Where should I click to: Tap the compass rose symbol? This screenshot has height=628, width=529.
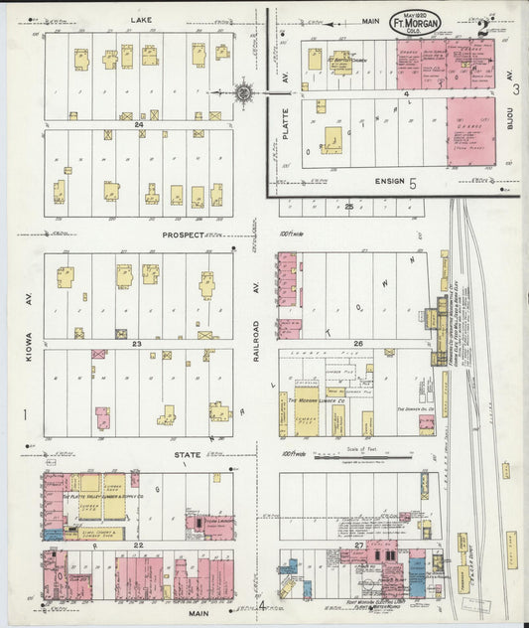point(243,93)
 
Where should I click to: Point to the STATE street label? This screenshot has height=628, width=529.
point(188,454)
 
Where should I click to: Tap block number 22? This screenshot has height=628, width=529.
point(139,545)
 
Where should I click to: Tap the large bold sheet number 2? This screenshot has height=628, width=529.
point(483,27)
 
